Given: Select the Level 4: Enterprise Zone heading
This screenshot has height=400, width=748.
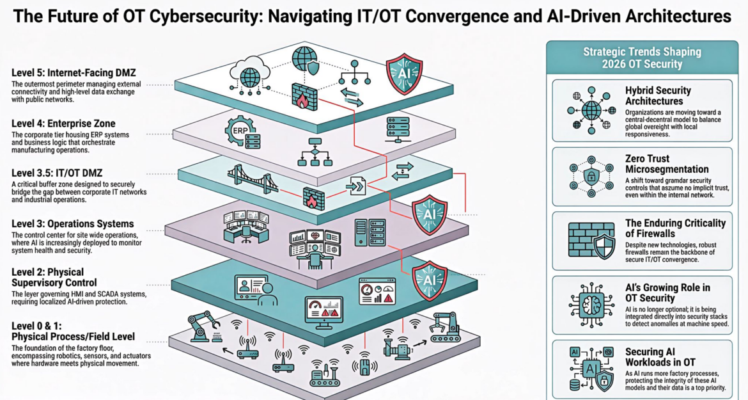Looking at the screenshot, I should coord(63,123).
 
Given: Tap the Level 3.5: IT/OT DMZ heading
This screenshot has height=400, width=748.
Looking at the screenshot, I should coord(58,173).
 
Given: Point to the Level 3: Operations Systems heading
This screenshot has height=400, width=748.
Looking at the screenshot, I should coord(72,223).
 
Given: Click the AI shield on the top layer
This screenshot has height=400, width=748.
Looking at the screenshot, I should coord(404,74).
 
